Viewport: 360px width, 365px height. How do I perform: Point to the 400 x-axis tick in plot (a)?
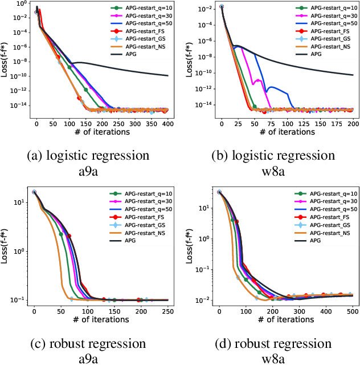(x=166, y=124)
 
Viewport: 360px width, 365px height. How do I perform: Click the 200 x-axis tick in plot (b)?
(x=353, y=124)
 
